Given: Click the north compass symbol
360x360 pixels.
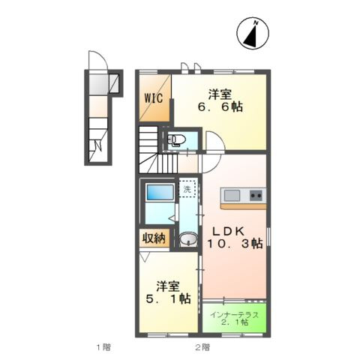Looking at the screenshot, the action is point(253,33).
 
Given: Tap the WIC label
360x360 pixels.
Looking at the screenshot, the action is point(154,98).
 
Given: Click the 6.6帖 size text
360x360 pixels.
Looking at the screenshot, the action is point(220,107).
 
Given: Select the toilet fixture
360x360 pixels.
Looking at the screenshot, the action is point(176,140).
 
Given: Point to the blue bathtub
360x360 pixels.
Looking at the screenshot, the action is point(160,192).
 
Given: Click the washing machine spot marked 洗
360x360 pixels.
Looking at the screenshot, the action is point(187,189).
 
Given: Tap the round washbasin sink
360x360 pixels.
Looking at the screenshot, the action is point(188,238).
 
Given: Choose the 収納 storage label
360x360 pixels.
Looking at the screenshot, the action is point(154,238).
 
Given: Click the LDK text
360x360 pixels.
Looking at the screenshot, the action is point(228,232).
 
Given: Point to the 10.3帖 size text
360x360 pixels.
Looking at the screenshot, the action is point(235,243).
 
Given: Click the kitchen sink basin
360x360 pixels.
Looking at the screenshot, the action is point(232,195).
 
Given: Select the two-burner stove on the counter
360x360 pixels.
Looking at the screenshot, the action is point(256,195).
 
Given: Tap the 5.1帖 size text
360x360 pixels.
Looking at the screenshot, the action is point(168,298).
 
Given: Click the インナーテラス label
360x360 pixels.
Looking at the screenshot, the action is point(234,315).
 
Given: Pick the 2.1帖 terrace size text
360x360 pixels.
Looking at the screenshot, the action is point(235,322).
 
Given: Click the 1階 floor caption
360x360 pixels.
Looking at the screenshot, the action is point(103,347).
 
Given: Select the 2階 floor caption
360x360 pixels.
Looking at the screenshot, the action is point(202,347).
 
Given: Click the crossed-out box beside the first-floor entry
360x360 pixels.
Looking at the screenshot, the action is point(114,83).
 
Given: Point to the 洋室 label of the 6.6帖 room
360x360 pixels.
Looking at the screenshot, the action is point(220,94).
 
